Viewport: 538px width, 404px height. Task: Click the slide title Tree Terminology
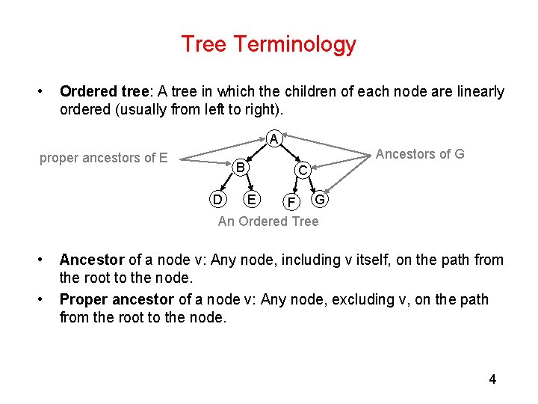[x=268, y=44]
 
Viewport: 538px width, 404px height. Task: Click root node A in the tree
[x=274, y=139]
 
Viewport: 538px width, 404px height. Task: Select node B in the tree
[x=239, y=167]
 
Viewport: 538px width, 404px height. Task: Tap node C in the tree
[x=303, y=171]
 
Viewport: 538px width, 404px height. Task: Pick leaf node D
[x=217, y=199]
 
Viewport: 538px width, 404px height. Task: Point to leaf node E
[x=252, y=199]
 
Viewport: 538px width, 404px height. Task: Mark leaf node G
[x=320, y=199]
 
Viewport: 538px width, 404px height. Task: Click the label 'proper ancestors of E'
[x=103, y=158]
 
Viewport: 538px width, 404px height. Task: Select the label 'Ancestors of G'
[x=420, y=154]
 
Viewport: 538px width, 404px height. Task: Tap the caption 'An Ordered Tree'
[x=268, y=221]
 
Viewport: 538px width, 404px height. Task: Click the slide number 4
[x=492, y=379]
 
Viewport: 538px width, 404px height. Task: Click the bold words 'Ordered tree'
[x=105, y=92]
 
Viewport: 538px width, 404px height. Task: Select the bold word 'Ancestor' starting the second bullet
[x=92, y=260]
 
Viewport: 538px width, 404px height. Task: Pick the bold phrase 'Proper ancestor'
[x=117, y=299]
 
